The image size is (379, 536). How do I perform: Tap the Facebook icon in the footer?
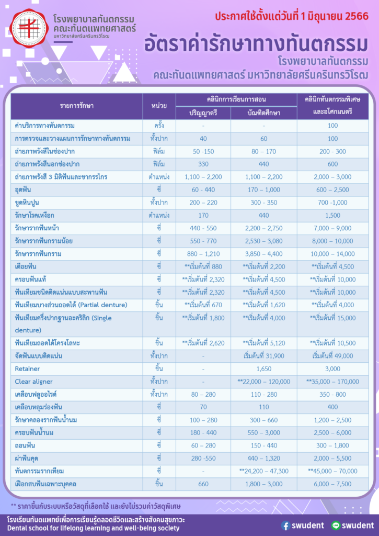click(285, 526)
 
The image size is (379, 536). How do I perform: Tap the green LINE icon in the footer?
click(336, 526)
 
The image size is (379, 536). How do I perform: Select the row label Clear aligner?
click(34, 382)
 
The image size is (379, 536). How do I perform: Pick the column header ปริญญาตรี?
click(203, 113)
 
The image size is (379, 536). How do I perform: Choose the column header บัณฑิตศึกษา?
click(263, 113)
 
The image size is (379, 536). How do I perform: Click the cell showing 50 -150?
click(203, 151)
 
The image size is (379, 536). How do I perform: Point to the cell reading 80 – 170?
click(263, 151)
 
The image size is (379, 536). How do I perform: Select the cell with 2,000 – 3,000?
click(332, 177)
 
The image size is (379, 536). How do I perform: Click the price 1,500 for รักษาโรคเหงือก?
click(332, 215)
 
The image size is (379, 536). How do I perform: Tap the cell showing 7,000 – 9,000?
click(332, 228)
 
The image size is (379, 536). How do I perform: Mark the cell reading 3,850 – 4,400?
click(263, 254)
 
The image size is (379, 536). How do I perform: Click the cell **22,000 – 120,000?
click(263, 382)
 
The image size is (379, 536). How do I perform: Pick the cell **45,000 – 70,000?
click(332, 471)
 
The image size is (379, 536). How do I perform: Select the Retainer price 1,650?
click(263, 369)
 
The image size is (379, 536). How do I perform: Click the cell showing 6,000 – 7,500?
click(332, 484)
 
